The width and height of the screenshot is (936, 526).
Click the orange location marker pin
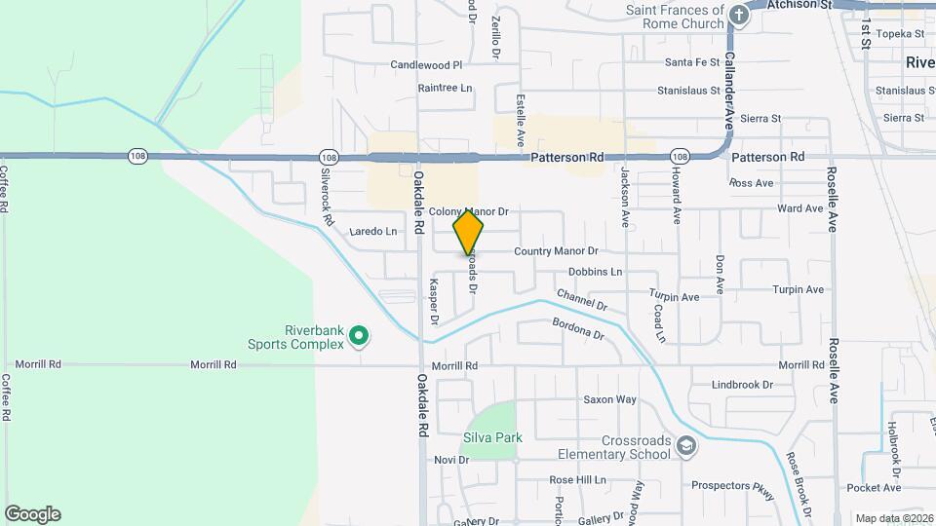pyautogui.click(x=469, y=233)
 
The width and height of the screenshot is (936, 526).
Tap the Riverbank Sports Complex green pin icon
pyautogui.click(x=359, y=336)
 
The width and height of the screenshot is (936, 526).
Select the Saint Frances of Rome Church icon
pyautogui.click(x=739, y=15)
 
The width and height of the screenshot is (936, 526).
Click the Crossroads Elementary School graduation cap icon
pyautogui.click(x=686, y=445)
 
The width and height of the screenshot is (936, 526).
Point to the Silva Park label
pyautogui.click(x=492, y=437)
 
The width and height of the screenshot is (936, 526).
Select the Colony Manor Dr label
pyautogui.click(x=469, y=211)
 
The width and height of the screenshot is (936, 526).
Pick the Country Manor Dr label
pyautogui.click(x=556, y=251)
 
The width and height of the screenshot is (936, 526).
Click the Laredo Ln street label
pyautogui.click(x=373, y=232)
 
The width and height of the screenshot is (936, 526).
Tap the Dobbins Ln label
pyautogui.click(x=595, y=272)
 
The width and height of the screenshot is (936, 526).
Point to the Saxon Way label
pyautogui.click(x=609, y=399)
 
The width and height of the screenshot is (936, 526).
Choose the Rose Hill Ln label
pyautogui.click(x=577, y=480)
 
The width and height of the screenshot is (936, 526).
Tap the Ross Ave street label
pyautogui.click(x=751, y=183)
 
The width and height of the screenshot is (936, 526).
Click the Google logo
pyautogui.click(x=33, y=514)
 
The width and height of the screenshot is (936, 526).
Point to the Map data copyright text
pyautogui.click(x=893, y=518)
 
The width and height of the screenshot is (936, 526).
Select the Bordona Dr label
pyautogui.click(x=578, y=330)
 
